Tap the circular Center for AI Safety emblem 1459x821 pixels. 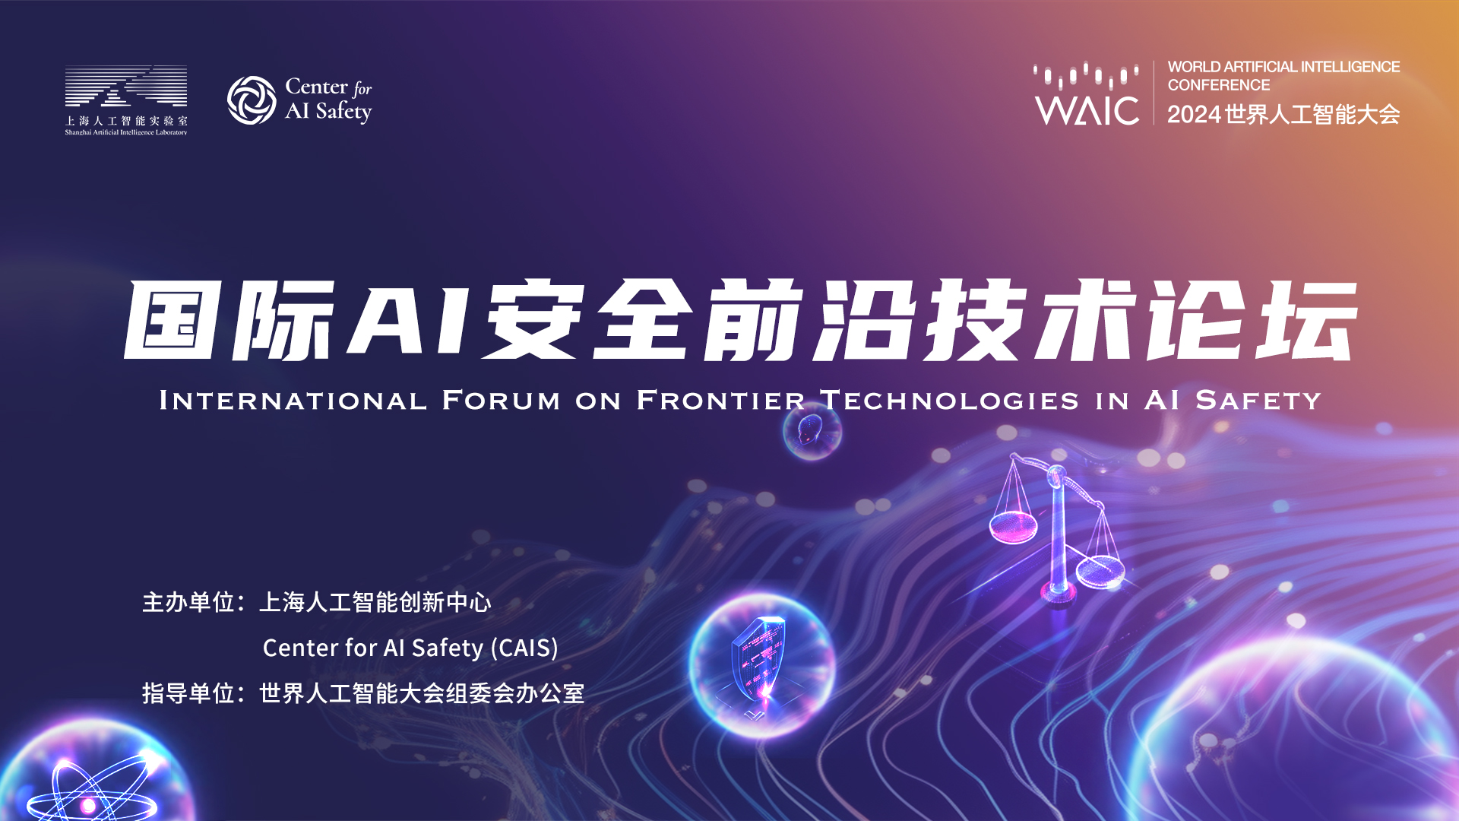pyautogui.click(x=252, y=100)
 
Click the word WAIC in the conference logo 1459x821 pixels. pyautogui.click(x=1087, y=111)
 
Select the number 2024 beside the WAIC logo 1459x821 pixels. pyautogui.click(x=1195, y=115)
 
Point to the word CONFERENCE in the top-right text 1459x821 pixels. pyautogui.click(x=1218, y=85)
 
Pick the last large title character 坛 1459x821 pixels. pyautogui.click(x=1306, y=319)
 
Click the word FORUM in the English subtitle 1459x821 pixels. pyautogui.click(x=502, y=400)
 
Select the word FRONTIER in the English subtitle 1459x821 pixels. pyautogui.click(x=720, y=400)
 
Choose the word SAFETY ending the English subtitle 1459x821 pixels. pyautogui.click(x=1258, y=400)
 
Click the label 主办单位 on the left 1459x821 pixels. pyautogui.click(x=188, y=602)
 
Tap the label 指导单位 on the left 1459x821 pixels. pyautogui.click(x=188, y=693)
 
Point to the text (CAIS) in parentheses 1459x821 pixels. pyautogui.click(x=524, y=648)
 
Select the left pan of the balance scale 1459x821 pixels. pyautogui.click(x=1013, y=527)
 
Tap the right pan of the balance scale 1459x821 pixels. pyautogui.click(x=1100, y=572)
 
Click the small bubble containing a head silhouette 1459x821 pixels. pyautogui.click(x=812, y=431)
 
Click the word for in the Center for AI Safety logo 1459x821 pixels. pyautogui.click(x=362, y=89)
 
